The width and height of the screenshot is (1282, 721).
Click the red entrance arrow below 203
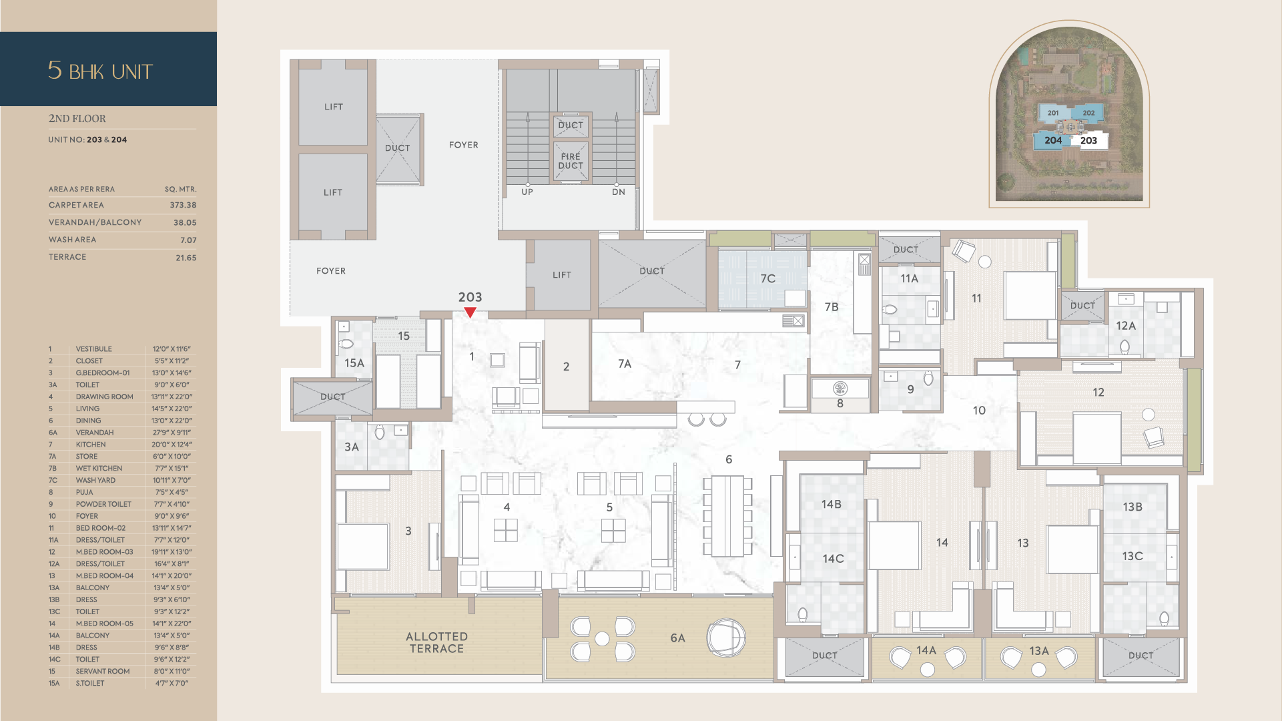point(470,312)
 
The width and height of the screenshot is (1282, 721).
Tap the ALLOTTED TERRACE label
point(436,642)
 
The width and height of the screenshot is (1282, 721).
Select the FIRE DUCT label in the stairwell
point(571,161)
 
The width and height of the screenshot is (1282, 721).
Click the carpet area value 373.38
point(183,205)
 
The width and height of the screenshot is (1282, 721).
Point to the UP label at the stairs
point(527,192)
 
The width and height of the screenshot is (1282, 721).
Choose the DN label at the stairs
point(619,192)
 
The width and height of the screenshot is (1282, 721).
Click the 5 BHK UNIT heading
point(100,71)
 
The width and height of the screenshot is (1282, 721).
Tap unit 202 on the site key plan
point(1088,113)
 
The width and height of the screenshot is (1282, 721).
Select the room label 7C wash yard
point(768,278)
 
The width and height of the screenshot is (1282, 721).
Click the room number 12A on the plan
point(1126,326)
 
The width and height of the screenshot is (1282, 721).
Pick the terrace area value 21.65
point(186,258)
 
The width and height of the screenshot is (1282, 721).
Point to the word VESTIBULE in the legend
point(94,349)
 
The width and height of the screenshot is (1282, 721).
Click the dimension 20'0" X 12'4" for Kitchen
point(172,445)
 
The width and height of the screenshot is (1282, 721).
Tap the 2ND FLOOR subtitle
point(77,118)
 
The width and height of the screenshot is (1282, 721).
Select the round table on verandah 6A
point(602,639)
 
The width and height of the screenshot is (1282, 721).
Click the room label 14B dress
point(832,504)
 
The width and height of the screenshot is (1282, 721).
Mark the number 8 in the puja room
point(840,403)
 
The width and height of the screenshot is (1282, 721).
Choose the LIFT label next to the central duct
point(562,274)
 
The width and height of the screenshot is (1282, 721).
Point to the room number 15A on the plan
point(354,363)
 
